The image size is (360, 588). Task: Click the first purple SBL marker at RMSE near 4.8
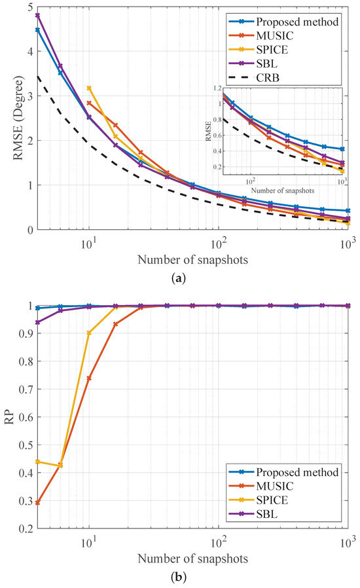click(38, 15)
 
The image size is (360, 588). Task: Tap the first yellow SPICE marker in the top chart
click(89, 88)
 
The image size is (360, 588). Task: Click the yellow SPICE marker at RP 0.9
click(89, 333)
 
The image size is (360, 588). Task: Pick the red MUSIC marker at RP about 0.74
click(89, 378)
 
